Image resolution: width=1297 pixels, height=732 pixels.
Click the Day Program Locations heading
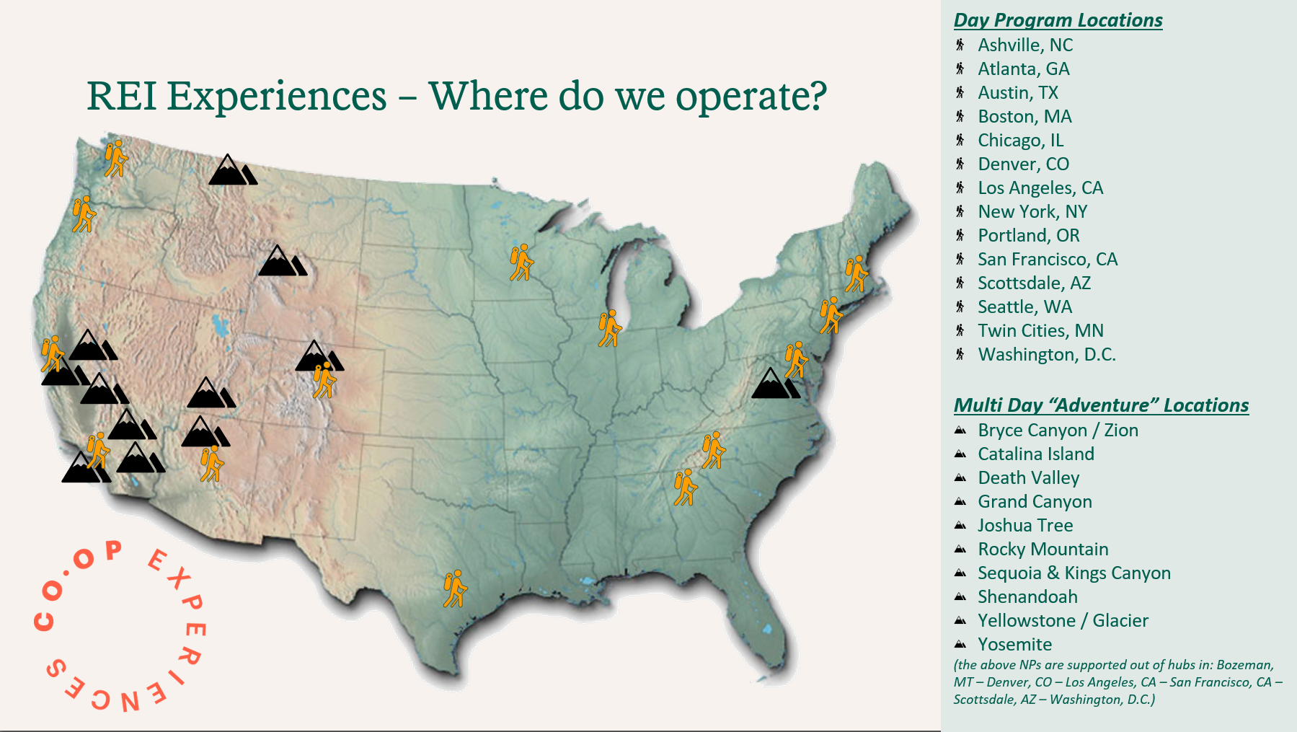1058,20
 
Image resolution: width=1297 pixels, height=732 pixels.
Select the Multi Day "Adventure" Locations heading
1101,405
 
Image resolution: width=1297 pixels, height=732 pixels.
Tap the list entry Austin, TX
1018,93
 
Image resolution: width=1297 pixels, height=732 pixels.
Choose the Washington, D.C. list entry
1047,355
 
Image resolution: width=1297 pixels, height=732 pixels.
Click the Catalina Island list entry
1036,454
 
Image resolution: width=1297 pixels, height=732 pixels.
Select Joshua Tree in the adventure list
1025,526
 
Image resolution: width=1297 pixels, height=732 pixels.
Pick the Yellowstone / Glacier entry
1063,621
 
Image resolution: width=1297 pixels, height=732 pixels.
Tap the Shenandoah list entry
1027,597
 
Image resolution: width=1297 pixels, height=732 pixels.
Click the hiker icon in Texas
455,589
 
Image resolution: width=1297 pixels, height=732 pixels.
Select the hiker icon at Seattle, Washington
116,159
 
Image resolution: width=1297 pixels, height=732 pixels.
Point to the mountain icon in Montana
233,169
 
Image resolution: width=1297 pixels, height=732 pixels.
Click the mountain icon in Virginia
776,383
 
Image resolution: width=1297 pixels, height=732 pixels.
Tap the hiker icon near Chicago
610,329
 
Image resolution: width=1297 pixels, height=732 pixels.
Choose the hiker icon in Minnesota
521,263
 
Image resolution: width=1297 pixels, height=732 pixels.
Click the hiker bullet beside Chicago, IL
960,140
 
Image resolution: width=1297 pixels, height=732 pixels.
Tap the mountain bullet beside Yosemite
960,644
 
